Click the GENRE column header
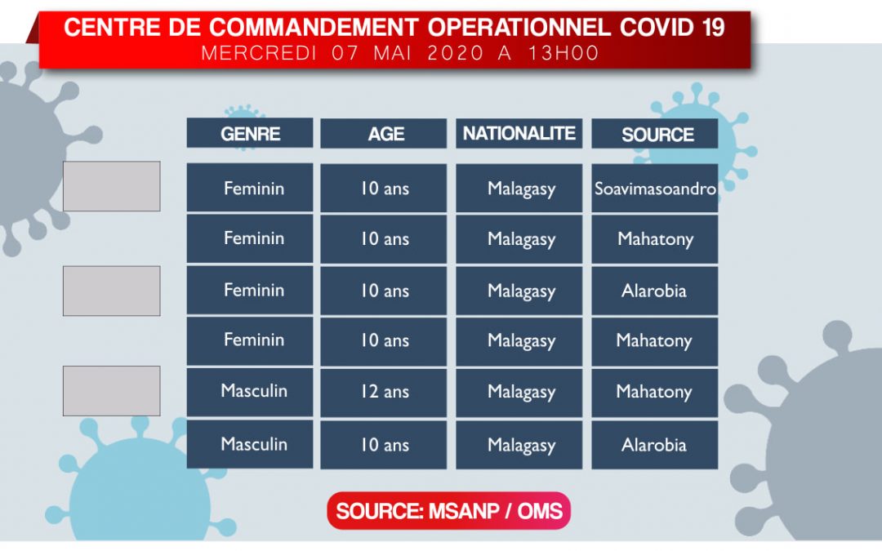250,133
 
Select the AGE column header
384,134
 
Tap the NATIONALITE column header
519,133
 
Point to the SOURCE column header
655,134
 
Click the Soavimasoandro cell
655,188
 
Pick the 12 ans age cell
384,392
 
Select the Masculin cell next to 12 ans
250,391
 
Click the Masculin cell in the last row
250,444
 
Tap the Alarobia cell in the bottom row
655,445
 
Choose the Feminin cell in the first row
250,187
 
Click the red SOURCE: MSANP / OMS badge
449,510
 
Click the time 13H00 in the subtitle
563,53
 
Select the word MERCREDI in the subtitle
259,53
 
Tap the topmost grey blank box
111,186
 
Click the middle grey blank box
111,291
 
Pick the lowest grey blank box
111,391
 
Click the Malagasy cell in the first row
519,188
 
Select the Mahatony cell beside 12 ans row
655,392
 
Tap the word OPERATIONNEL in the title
519,28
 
